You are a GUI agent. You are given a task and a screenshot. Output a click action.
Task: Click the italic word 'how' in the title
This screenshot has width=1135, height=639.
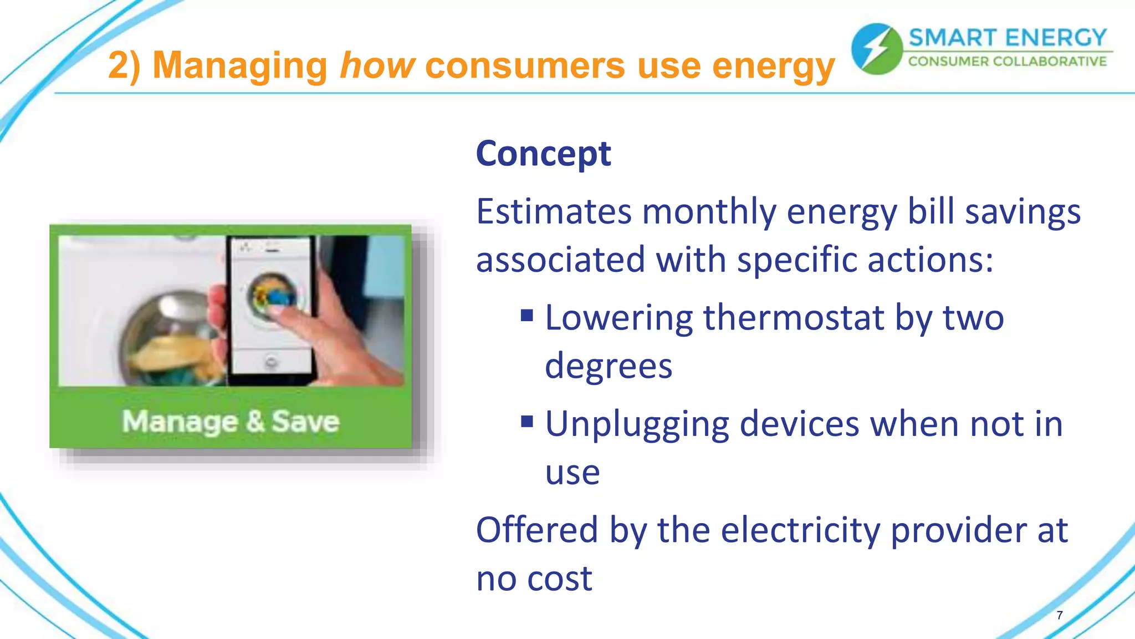coord(377,65)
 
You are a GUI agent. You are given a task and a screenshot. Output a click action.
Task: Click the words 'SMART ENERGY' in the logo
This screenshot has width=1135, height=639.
coord(1007,38)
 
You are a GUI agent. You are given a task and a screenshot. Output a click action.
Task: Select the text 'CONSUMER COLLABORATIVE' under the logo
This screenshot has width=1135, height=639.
coord(1007,61)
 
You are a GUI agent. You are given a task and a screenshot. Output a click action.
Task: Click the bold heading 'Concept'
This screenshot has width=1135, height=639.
coord(543,154)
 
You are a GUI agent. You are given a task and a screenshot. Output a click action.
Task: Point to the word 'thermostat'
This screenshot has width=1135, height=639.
coord(793,318)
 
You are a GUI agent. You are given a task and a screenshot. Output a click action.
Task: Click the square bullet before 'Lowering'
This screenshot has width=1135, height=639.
coord(526,316)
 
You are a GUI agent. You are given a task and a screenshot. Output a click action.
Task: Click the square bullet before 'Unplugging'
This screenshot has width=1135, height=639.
coord(526,423)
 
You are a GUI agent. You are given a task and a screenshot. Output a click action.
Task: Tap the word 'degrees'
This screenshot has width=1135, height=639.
coord(608,366)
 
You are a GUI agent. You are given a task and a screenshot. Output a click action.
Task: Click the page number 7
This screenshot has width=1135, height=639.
coord(1059,615)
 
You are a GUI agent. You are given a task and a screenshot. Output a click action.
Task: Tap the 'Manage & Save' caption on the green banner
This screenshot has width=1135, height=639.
coord(231,422)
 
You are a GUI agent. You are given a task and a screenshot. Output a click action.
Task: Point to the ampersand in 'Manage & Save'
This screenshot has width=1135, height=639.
coord(255,421)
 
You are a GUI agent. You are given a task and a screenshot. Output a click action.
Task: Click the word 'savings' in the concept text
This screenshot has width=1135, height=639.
coord(1022,212)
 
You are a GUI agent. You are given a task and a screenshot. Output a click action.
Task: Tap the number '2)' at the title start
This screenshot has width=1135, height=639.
coord(124,65)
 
